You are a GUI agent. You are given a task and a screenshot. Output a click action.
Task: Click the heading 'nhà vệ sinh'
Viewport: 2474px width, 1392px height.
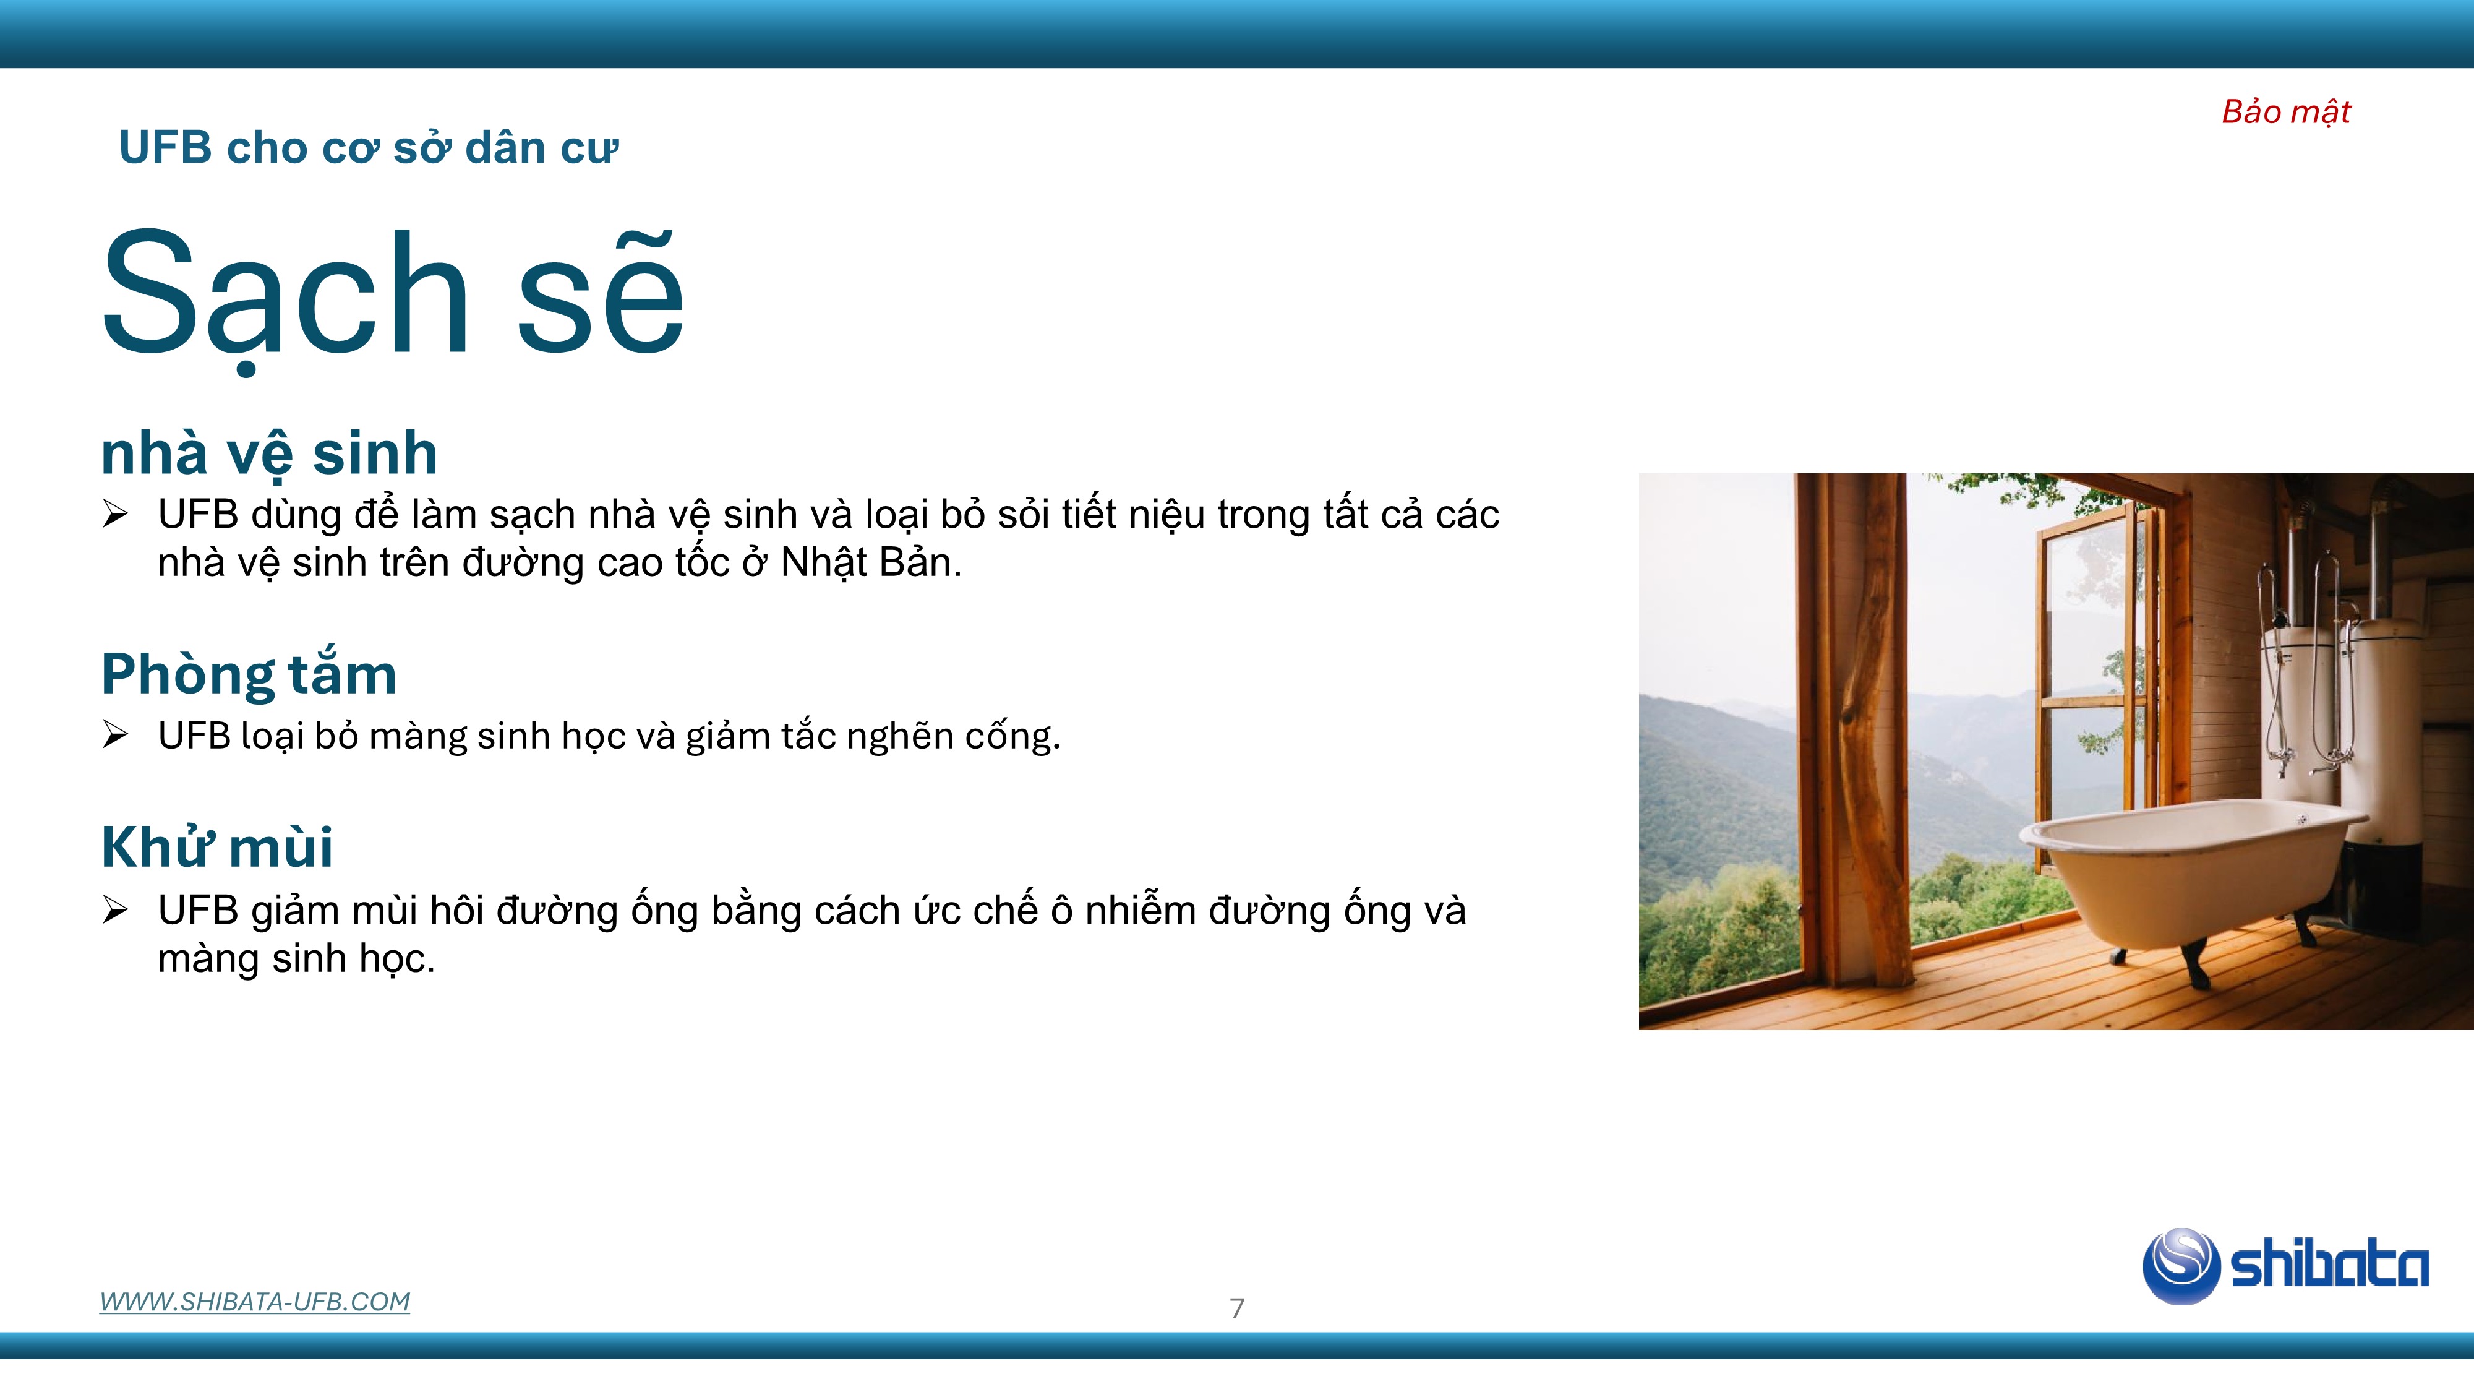click(x=269, y=453)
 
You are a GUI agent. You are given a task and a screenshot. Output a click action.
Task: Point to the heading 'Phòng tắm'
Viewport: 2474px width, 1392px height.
click(x=249, y=674)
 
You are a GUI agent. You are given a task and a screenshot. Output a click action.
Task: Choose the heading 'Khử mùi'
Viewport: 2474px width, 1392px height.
click(x=217, y=846)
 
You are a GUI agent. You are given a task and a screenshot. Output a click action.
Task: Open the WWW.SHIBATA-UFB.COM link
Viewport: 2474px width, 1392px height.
click(x=254, y=1302)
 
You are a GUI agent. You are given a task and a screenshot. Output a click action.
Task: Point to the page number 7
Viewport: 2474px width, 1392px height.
click(x=1237, y=1307)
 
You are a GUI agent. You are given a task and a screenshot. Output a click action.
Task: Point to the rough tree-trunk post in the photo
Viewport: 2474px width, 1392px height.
click(x=1868, y=730)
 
